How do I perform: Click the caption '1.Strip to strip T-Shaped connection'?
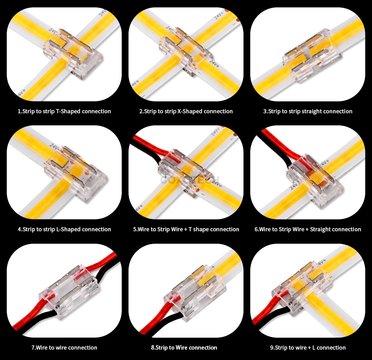click(64, 111)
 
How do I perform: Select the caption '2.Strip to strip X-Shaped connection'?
click(186, 111)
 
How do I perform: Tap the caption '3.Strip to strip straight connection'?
click(308, 111)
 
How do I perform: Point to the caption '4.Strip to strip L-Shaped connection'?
click(64, 229)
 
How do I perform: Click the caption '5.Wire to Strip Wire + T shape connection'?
click(186, 229)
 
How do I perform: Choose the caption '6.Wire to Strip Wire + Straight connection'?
click(308, 229)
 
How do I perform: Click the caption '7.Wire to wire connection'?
click(64, 347)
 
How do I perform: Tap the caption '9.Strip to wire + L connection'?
click(308, 347)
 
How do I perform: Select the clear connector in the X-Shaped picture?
click(186, 54)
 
